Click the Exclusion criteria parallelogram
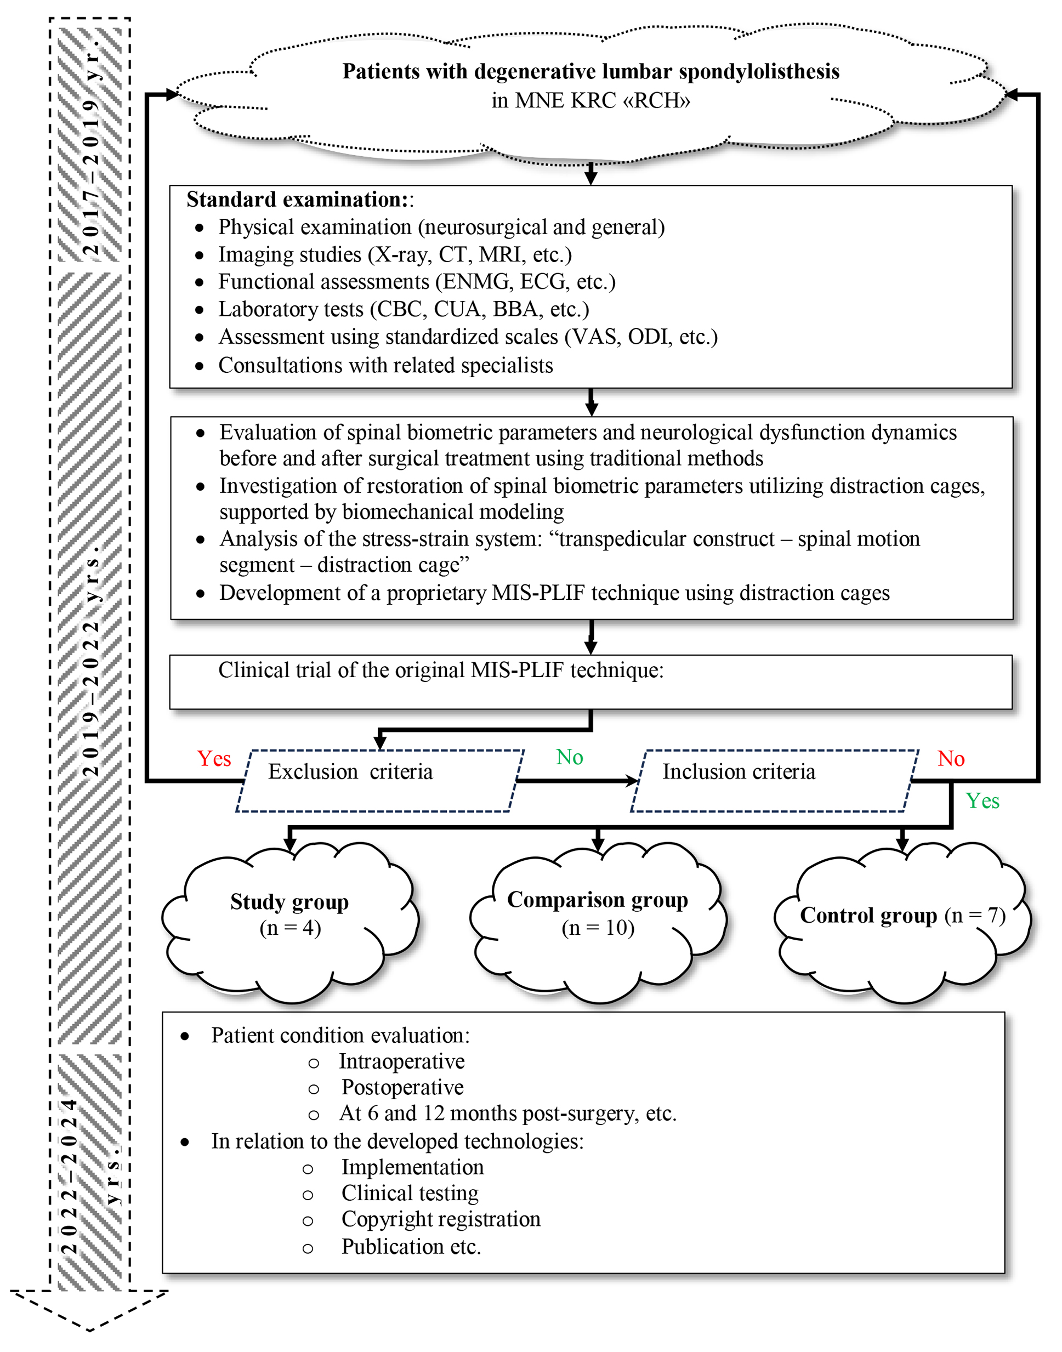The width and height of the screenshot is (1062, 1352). (x=379, y=781)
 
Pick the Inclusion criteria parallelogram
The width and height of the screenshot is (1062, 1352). (x=774, y=781)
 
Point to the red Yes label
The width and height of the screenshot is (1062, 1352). (x=214, y=759)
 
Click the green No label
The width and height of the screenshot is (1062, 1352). (x=569, y=757)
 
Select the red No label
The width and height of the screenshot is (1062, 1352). (x=951, y=759)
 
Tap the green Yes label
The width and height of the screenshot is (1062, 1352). (x=982, y=801)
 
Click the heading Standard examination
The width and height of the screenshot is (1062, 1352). (x=297, y=200)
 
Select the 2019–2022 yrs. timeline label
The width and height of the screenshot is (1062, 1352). (x=92, y=659)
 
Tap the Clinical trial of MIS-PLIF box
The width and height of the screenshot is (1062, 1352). (x=590, y=682)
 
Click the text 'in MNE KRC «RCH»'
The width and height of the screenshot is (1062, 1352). (x=590, y=101)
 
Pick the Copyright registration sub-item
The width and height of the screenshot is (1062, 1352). (x=441, y=1220)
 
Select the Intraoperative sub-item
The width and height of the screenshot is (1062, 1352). (x=402, y=1062)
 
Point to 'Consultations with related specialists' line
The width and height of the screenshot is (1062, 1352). (x=385, y=366)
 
